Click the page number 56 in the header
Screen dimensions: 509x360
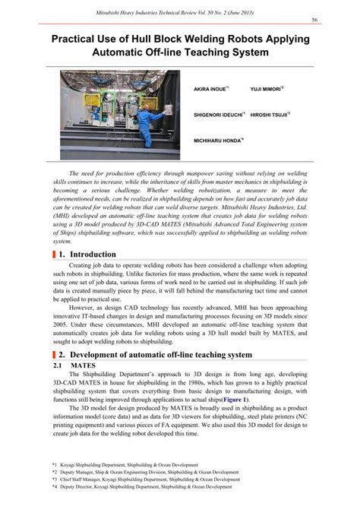(334, 21)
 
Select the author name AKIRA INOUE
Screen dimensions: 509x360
(208, 99)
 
